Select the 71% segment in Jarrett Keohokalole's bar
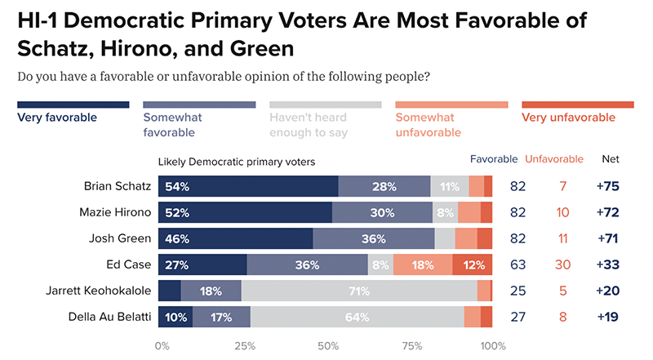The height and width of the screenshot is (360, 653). pos(359,291)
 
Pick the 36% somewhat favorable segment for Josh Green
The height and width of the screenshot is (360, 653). pos(373,238)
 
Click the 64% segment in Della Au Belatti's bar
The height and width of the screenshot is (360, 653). pos(357,317)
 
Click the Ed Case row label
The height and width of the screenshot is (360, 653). pos(131,264)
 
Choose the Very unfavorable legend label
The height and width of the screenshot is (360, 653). pos(568,117)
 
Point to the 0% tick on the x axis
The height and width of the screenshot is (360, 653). pos(161,346)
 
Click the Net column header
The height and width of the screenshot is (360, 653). pos(610,158)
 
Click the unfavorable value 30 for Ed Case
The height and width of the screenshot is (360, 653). pos(553,264)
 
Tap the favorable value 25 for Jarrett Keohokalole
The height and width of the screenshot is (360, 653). pos(517,291)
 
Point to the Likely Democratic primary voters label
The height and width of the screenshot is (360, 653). pos(236,162)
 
